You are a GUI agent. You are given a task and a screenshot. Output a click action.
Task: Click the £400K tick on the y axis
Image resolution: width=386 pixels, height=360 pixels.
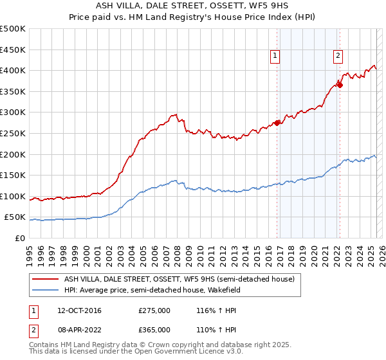tap(13, 70)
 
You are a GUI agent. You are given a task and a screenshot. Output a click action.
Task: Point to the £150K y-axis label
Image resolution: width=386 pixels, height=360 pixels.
tap(13, 175)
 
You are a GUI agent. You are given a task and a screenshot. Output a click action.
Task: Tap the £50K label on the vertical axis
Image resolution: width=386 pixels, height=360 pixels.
tap(15, 217)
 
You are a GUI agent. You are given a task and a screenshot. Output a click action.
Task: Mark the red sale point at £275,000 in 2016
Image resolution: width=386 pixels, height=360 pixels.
tap(277, 123)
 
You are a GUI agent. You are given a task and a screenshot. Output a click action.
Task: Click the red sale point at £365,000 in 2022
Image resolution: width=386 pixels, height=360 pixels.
tap(340, 85)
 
